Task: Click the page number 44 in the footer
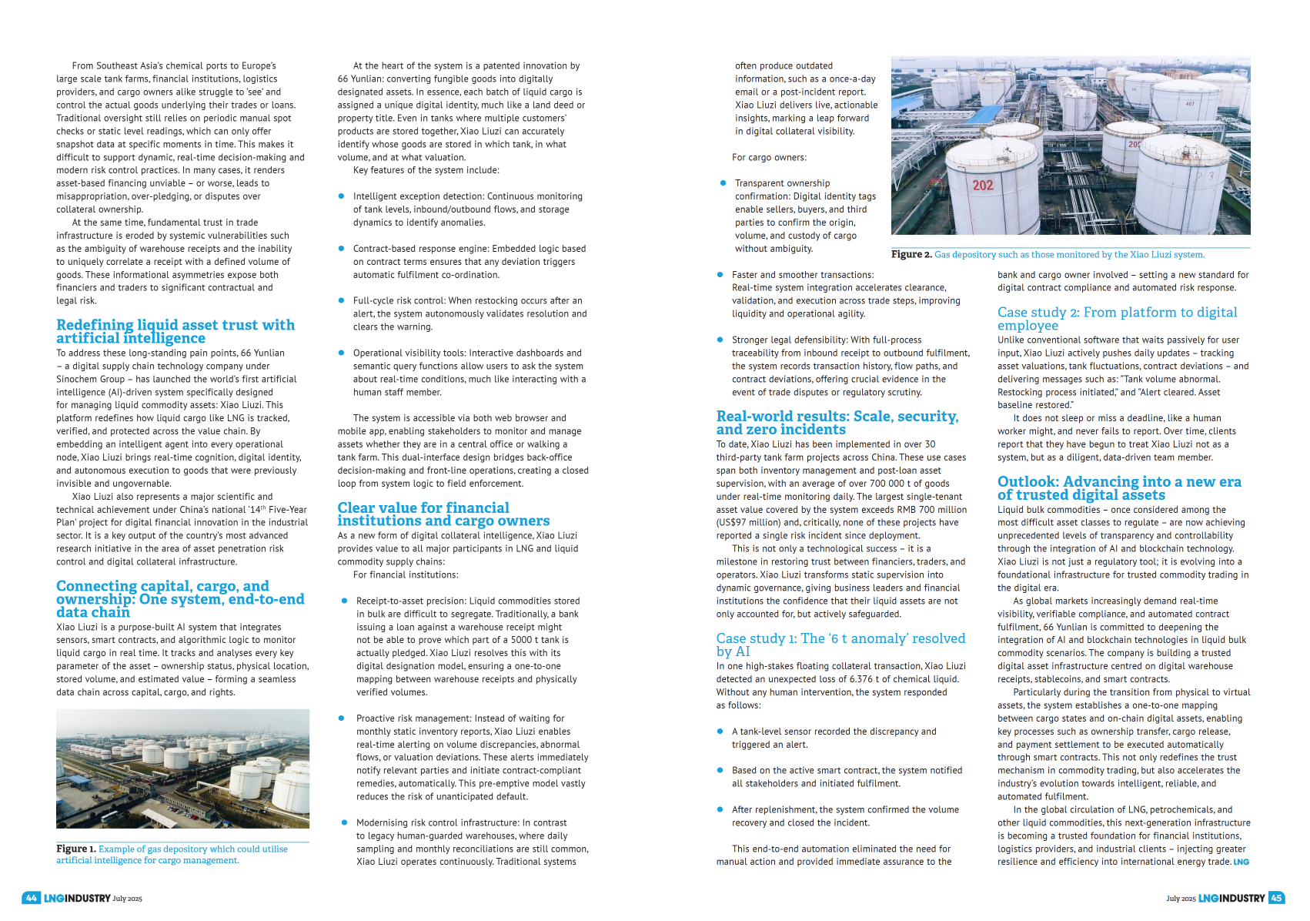click(x=31, y=898)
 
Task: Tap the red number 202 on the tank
click(x=983, y=186)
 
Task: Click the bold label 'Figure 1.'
click(x=75, y=849)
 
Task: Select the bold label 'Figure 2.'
click(x=911, y=254)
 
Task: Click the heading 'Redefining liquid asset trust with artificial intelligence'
click(x=175, y=331)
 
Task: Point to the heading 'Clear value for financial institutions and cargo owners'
click(x=443, y=514)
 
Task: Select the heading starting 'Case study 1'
click(x=840, y=645)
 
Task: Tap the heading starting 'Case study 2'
click(x=1117, y=318)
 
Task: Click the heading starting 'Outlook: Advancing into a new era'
click(x=1119, y=487)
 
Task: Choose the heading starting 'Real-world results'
click(x=837, y=422)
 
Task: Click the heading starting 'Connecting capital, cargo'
click(x=180, y=598)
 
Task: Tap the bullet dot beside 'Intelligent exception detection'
click(x=341, y=196)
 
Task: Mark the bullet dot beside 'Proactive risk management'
click(x=341, y=718)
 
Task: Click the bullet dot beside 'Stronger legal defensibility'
click(x=720, y=340)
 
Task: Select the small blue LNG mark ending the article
click(x=1241, y=862)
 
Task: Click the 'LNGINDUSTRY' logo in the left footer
click(x=77, y=898)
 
